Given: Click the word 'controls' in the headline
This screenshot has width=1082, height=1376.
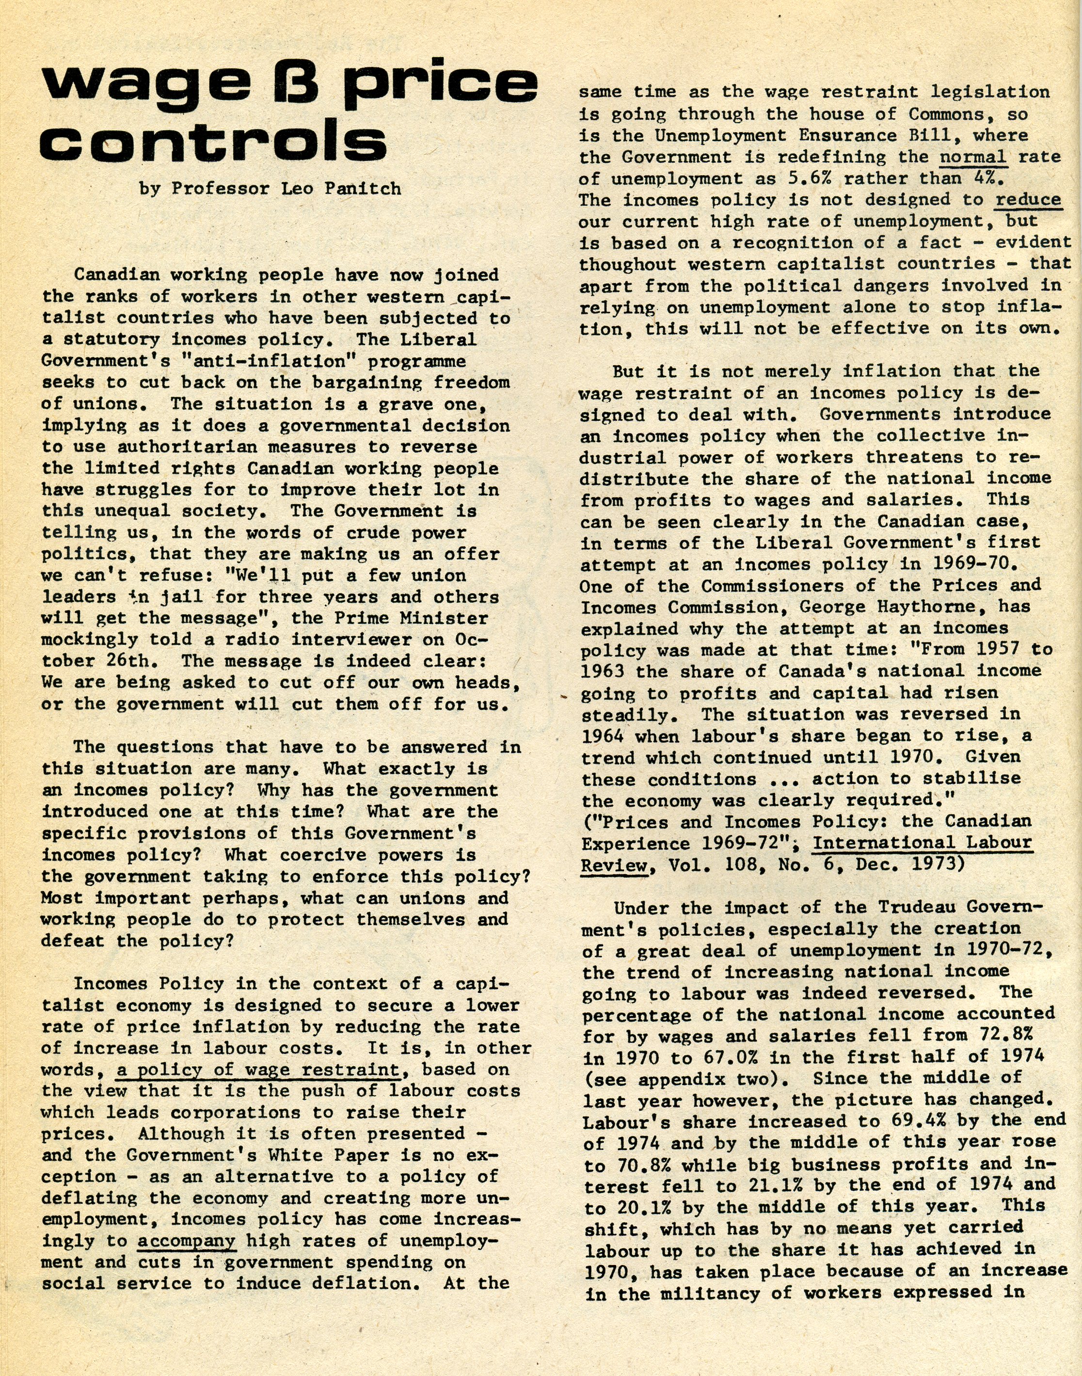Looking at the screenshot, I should point(213,141).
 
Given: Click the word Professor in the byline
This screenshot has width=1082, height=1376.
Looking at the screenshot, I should point(221,189).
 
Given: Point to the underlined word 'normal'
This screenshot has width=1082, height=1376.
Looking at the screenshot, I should point(972,157).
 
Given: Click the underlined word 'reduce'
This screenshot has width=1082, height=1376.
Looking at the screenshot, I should point(1028,200).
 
